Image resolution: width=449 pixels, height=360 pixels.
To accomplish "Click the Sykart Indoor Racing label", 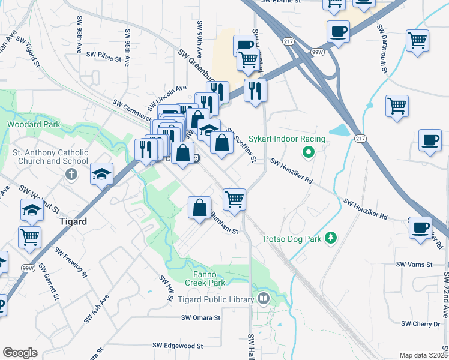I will (287, 139).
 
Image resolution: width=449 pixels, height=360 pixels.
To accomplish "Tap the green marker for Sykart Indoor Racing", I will (308, 152).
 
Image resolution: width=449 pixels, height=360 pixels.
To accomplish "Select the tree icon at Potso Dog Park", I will (330, 239).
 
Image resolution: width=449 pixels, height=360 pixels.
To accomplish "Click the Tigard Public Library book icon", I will (263, 298).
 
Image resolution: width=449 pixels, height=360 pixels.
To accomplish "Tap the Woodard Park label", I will (34, 125).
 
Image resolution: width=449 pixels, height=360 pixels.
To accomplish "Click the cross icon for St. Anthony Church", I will (71, 174).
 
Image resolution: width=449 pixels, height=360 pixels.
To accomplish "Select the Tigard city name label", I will (73, 221).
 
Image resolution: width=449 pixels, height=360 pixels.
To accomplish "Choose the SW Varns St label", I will (414, 265).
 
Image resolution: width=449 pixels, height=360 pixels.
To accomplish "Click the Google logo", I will (20, 353).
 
